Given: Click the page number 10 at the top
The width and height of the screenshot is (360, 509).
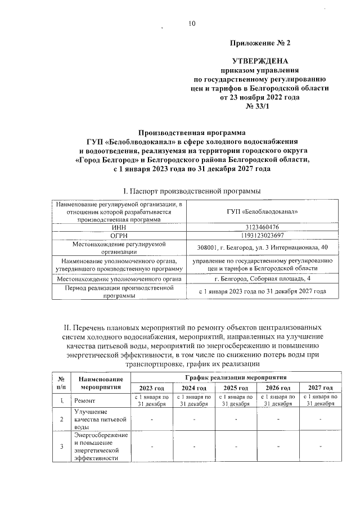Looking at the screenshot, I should pos(191,23).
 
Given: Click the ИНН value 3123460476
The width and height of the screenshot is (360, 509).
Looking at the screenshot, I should pos(260,227).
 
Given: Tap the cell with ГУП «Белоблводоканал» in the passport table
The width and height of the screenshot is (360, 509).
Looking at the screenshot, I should pos(260,211).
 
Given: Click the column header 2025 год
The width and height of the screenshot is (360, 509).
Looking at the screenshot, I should pos(236,388).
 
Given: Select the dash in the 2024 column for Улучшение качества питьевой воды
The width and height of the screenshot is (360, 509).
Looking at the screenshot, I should pos(193,419).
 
